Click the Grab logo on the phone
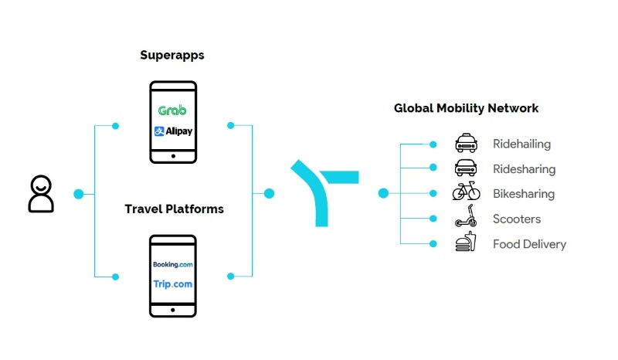[x=171, y=110]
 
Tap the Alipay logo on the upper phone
[x=173, y=131]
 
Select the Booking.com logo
[x=172, y=265]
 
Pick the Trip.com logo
[x=172, y=284]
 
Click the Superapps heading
[x=172, y=55]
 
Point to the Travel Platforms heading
[x=174, y=209]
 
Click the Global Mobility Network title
[x=466, y=108]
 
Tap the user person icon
[x=41, y=194]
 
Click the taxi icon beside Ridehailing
[x=465, y=144]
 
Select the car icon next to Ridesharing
[x=465, y=168]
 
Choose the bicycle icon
[x=466, y=193]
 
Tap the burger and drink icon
[x=464, y=244]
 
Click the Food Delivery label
[x=529, y=244]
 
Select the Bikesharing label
[x=523, y=194]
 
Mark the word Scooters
[x=517, y=219]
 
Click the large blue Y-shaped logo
[x=325, y=192]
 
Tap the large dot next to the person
[x=78, y=194]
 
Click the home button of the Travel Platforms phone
[x=172, y=307]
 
